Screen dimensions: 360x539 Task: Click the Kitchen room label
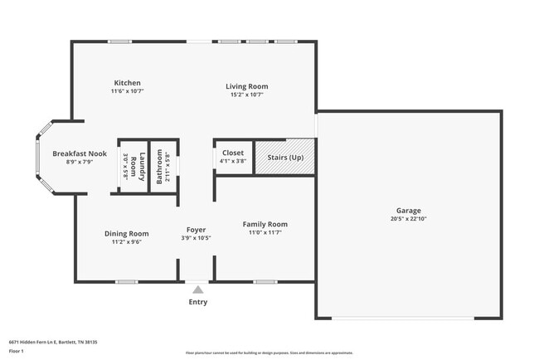click(x=128, y=83)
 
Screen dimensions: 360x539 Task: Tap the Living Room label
click(x=248, y=86)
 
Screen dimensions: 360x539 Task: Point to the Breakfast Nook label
click(x=79, y=153)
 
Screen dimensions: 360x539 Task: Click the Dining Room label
click(x=127, y=233)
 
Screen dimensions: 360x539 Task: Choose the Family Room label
click(x=265, y=224)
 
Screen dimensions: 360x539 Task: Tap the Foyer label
click(x=196, y=230)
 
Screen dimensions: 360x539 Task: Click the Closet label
click(x=233, y=153)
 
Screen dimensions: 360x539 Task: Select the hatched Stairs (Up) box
click(x=284, y=157)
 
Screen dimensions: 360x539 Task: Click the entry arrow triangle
click(x=197, y=289)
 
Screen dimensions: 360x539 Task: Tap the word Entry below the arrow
click(x=197, y=303)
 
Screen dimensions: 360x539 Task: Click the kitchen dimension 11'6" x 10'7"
click(x=128, y=94)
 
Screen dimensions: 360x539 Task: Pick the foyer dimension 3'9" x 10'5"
click(x=196, y=239)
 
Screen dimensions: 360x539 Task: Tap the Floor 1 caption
click(x=17, y=352)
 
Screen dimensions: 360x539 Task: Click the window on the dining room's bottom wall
click(x=126, y=281)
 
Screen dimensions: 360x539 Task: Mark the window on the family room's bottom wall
click(x=265, y=281)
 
